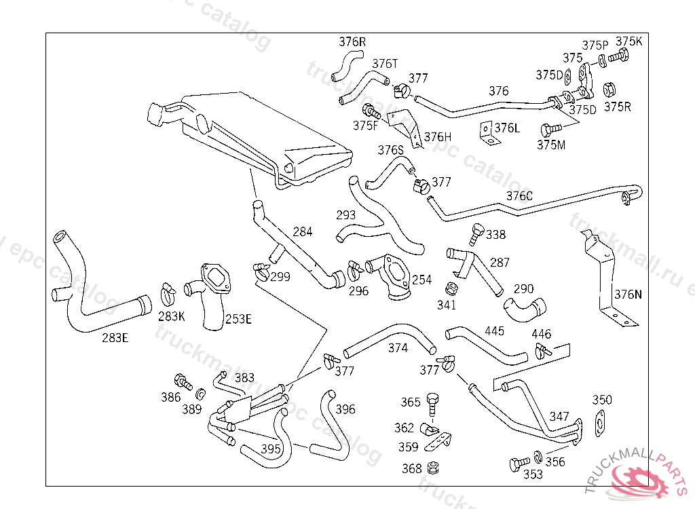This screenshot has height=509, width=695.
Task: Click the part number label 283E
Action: tap(115, 337)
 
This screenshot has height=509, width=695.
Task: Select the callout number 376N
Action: tap(628, 295)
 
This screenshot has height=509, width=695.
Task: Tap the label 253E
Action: tap(238, 319)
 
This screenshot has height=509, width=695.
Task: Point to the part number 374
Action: tap(398, 348)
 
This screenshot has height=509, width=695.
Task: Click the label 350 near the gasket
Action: tap(602, 400)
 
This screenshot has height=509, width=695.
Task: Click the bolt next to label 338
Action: tap(475, 234)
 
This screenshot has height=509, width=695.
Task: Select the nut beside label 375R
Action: tap(609, 90)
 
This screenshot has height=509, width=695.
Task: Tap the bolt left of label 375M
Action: tap(550, 128)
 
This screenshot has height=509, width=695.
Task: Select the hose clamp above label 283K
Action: tap(167, 293)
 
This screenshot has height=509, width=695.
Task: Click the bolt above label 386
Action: tap(182, 381)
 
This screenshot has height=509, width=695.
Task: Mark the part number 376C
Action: tap(519, 196)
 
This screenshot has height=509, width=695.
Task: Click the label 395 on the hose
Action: tap(271, 449)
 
